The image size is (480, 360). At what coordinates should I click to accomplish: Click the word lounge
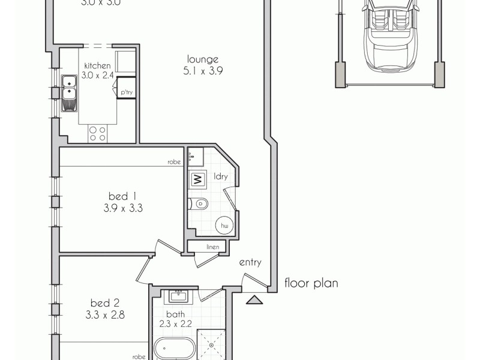tap(202, 59)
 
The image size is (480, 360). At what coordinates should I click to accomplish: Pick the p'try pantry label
tap(126, 92)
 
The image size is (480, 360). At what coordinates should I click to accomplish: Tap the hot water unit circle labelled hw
tap(225, 225)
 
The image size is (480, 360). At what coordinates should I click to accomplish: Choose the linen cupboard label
tap(212, 247)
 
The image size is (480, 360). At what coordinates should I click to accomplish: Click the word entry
tap(250, 262)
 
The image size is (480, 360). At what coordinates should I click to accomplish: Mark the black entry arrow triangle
tap(255, 300)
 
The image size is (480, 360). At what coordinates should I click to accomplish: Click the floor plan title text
tap(311, 283)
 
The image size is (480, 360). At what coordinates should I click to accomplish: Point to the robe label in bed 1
tap(175, 162)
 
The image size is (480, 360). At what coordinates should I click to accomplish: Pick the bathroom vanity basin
tap(178, 296)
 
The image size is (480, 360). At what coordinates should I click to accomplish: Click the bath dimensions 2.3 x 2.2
tap(175, 324)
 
